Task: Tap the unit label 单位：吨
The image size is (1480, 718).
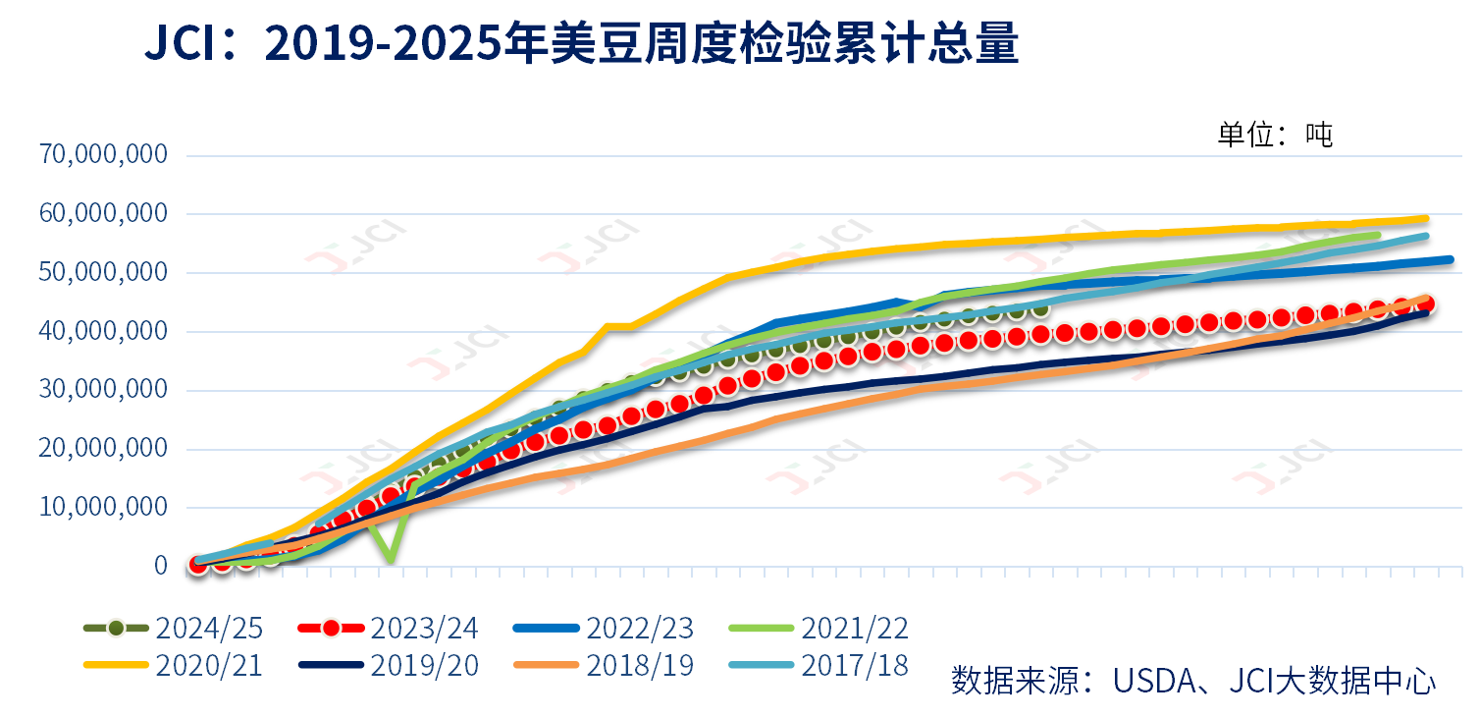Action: point(1275,135)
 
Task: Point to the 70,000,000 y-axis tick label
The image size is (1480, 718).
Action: point(103,154)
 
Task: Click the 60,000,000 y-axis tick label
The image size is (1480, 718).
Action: point(103,213)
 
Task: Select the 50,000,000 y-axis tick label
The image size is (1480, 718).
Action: point(103,272)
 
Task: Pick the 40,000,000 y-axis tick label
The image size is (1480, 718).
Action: point(103,331)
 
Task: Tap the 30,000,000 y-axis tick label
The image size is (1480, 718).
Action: point(103,390)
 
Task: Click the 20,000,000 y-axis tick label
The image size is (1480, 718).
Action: point(103,449)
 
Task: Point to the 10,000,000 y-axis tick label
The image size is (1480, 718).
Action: point(103,508)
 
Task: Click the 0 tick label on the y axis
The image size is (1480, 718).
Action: point(161,567)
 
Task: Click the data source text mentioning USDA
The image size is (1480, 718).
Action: point(1192,681)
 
